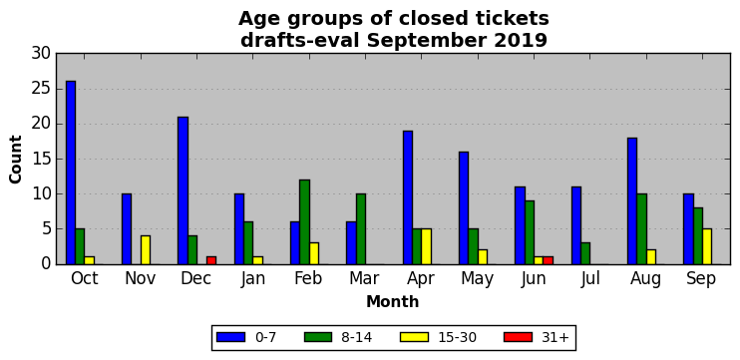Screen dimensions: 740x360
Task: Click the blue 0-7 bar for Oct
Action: click(71, 173)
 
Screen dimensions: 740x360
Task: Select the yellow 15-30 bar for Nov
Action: click(146, 250)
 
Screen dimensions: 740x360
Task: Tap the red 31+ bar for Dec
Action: click(211, 260)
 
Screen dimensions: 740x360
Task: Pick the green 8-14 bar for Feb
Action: click(304, 222)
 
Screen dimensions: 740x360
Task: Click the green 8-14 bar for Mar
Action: click(361, 228)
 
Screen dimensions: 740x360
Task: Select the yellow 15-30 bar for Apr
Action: click(426, 246)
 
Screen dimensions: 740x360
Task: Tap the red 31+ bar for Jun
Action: click(548, 260)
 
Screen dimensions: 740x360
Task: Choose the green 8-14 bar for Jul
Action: click(585, 253)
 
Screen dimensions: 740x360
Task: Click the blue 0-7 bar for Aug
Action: click(632, 201)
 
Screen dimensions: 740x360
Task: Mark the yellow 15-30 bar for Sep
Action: click(707, 246)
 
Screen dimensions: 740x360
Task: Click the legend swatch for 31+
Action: click(518, 337)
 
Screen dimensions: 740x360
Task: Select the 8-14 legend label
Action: click(356, 337)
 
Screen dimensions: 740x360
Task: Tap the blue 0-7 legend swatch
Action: click(230, 337)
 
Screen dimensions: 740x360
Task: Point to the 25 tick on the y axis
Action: click(41, 89)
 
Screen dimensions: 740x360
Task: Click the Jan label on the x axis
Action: click(252, 278)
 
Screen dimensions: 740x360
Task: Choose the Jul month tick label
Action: click(590, 278)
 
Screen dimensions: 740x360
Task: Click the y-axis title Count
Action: click(16, 159)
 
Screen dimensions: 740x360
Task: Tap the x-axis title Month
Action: click(393, 301)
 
